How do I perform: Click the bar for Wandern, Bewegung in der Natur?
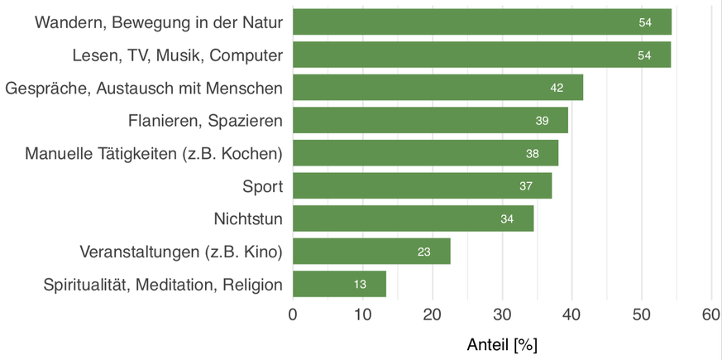click(x=481, y=22)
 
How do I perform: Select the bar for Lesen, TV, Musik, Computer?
click(x=481, y=55)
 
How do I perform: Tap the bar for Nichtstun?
click(x=413, y=219)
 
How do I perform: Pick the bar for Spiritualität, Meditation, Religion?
click(x=339, y=285)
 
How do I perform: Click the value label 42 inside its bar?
click(x=557, y=88)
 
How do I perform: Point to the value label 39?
click(x=542, y=121)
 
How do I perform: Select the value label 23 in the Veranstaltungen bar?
click(x=423, y=252)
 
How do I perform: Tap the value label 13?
click(x=360, y=285)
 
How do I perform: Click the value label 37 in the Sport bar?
click(x=526, y=186)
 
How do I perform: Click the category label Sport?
click(x=262, y=186)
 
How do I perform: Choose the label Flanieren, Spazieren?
click(x=205, y=121)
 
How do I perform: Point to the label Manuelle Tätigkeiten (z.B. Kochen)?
click(x=154, y=154)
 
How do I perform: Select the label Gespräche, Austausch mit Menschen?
click(x=144, y=88)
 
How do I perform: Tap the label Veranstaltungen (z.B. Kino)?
click(x=181, y=252)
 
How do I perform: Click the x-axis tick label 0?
click(x=293, y=314)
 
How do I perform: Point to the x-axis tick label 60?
click(x=711, y=314)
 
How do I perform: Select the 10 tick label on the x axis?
click(x=362, y=314)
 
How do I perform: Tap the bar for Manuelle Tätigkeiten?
click(x=425, y=154)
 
